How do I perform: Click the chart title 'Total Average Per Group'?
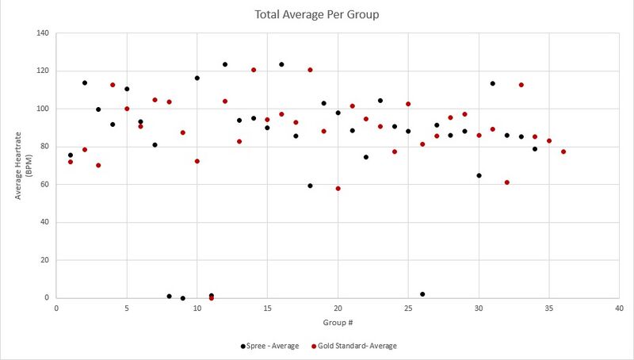[x=316, y=14]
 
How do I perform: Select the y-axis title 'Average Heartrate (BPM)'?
[x=24, y=166]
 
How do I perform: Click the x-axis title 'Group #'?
[x=338, y=323]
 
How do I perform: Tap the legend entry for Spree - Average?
[x=269, y=346]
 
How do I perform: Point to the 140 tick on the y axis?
[x=42, y=33]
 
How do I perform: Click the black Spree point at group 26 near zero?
[x=422, y=294]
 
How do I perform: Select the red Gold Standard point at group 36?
[x=563, y=151]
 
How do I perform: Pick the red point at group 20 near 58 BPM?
[x=338, y=189]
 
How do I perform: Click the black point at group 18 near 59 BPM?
[x=310, y=186]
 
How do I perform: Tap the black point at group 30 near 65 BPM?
[x=479, y=175]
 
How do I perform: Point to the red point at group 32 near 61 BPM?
[x=507, y=182]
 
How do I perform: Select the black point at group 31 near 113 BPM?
[x=493, y=83]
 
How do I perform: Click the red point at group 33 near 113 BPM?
[x=521, y=85]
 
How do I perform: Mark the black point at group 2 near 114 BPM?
[x=84, y=82]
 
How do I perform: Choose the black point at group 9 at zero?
[x=183, y=298]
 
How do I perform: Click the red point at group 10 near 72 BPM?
[x=197, y=161]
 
